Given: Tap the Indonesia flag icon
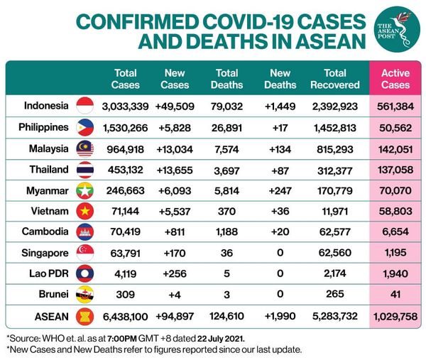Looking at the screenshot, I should click(85, 107).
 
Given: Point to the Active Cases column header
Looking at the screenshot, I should click(395, 79).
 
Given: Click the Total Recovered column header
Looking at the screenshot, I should click(334, 79).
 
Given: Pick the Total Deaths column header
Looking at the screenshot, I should click(226, 79).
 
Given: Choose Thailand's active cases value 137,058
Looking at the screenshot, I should click(395, 169).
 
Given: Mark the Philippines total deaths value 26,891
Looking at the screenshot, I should click(226, 128).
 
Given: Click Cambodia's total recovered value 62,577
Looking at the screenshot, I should click(334, 231).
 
